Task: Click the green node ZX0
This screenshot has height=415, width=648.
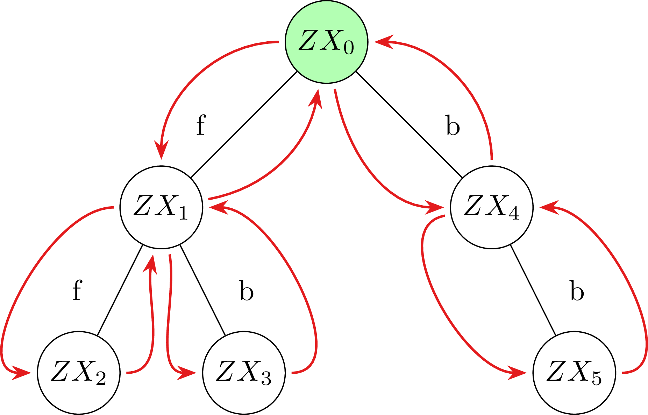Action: tap(326, 42)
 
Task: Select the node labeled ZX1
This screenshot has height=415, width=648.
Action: tap(161, 207)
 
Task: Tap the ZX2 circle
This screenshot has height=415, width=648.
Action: tap(79, 373)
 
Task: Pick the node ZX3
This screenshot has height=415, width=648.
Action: tap(244, 373)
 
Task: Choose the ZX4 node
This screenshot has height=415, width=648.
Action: tap(492, 207)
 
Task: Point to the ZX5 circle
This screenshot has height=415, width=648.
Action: tap(574, 373)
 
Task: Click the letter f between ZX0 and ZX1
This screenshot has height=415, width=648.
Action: tap(201, 125)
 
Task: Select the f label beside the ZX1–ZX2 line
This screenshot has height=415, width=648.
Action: tap(77, 290)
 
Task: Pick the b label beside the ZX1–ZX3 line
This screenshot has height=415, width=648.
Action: tap(247, 290)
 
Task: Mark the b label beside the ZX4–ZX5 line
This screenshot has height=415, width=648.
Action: tap(577, 290)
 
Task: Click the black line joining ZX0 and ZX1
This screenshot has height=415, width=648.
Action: tap(244, 125)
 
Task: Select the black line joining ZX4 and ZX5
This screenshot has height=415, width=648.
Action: tap(533, 290)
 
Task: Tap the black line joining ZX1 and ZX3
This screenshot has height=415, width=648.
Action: tap(202, 290)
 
